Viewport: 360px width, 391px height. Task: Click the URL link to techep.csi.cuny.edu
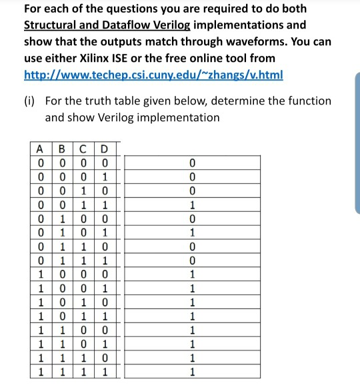(x=153, y=75)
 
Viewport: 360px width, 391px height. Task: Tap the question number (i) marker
(x=31, y=101)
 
